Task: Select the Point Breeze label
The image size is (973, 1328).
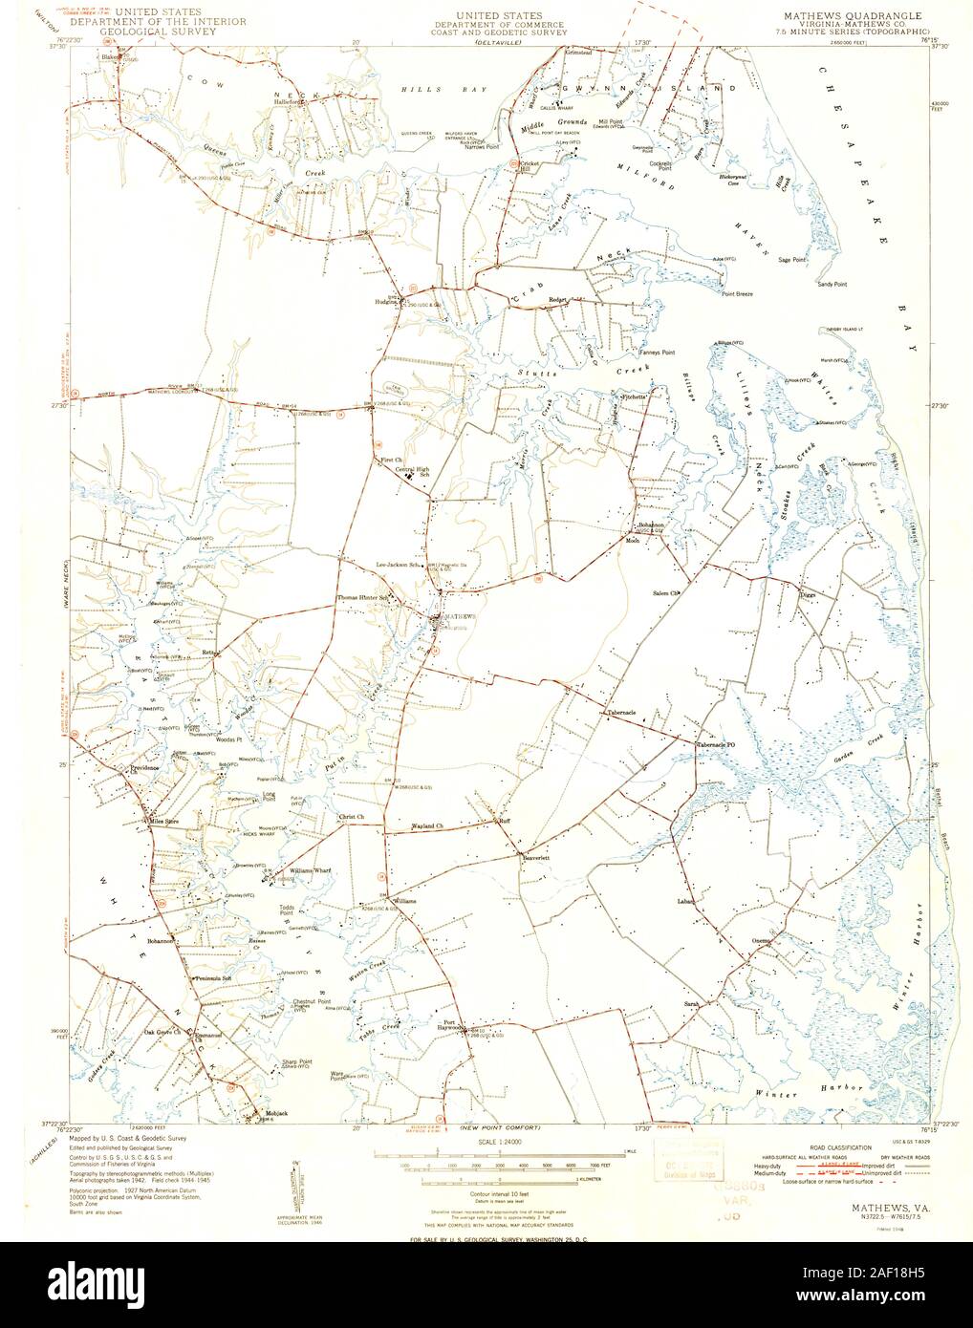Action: (737, 294)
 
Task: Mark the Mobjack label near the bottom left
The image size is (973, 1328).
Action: (249, 1115)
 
